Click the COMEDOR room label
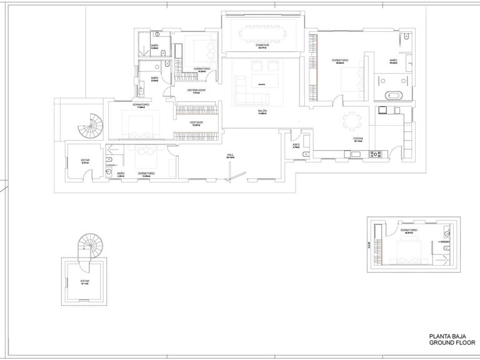coord(262,45)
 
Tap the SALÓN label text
coord(262,111)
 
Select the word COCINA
coord(358,138)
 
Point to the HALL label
coord(231,155)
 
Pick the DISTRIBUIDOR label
coord(196,91)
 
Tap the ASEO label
coord(296,144)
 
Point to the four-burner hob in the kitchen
coord(376,153)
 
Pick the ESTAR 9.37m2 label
coord(85,161)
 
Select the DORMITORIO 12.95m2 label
coord(146,174)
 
